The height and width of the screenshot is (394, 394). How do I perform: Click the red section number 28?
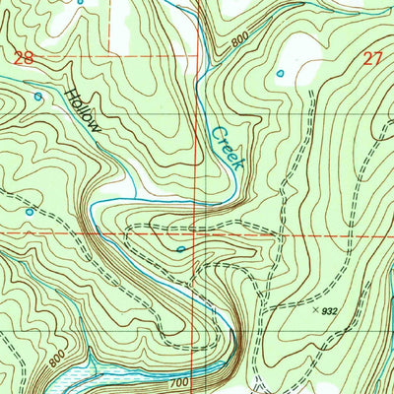[x=25, y=58]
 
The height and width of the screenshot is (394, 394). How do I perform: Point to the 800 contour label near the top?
[x=240, y=42]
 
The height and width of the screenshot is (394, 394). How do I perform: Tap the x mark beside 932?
[x=316, y=309]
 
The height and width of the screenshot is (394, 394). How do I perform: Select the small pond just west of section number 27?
[x=281, y=73]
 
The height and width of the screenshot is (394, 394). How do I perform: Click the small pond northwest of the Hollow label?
[x=38, y=97]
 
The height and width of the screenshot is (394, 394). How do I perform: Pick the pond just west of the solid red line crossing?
[x=180, y=249]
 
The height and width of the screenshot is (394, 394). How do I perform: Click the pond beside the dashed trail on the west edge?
[x=30, y=211]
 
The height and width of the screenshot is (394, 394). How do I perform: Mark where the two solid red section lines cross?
[x=198, y=235]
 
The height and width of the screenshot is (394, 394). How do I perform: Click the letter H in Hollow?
[x=69, y=95]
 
